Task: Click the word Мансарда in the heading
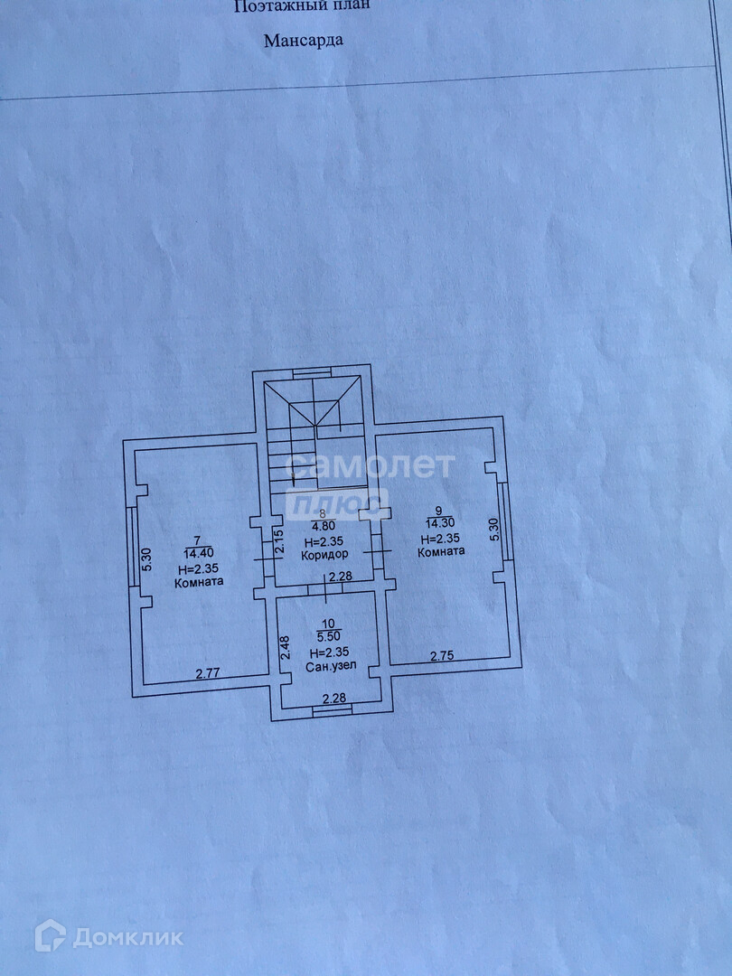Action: tap(304, 40)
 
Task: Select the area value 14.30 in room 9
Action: tap(439, 522)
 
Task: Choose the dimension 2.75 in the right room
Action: tap(442, 656)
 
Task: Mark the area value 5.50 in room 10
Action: tap(328, 636)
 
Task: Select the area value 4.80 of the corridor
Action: tap(324, 526)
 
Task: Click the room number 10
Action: tap(328, 624)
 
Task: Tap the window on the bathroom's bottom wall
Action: tap(333, 711)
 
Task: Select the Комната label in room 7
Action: tap(199, 582)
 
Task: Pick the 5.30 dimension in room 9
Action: tap(493, 529)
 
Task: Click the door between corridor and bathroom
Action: tap(324, 588)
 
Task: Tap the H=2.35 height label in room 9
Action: tap(442, 538)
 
